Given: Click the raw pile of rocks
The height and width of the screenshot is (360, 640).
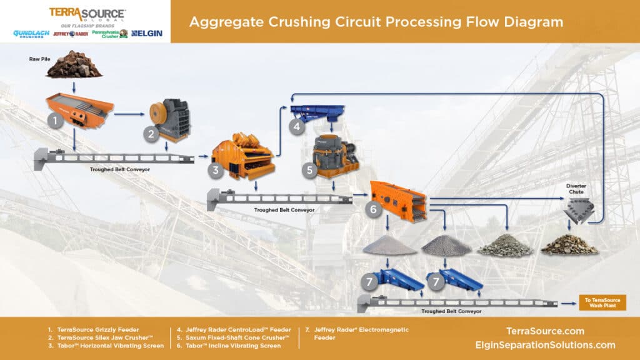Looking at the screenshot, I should tap(74, 66).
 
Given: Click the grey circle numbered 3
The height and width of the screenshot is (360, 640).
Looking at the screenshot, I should tap(216, 170).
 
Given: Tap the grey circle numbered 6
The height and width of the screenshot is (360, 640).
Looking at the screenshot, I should tap(373, 209).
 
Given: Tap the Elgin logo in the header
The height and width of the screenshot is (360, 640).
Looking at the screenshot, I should tap(147, 33).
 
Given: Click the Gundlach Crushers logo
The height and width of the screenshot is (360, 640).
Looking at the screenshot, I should tap(31, 34).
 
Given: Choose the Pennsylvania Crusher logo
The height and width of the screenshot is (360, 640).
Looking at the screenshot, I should tap(109, 34).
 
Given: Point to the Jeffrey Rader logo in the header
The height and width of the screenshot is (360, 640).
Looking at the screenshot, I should tap(70, 34).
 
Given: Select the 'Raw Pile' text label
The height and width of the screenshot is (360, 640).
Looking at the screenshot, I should tap(39, 59).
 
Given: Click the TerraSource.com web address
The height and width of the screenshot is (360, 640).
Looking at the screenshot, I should tap(546, 331).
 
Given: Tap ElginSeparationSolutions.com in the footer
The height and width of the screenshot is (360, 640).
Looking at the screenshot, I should tap(546, 345).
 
